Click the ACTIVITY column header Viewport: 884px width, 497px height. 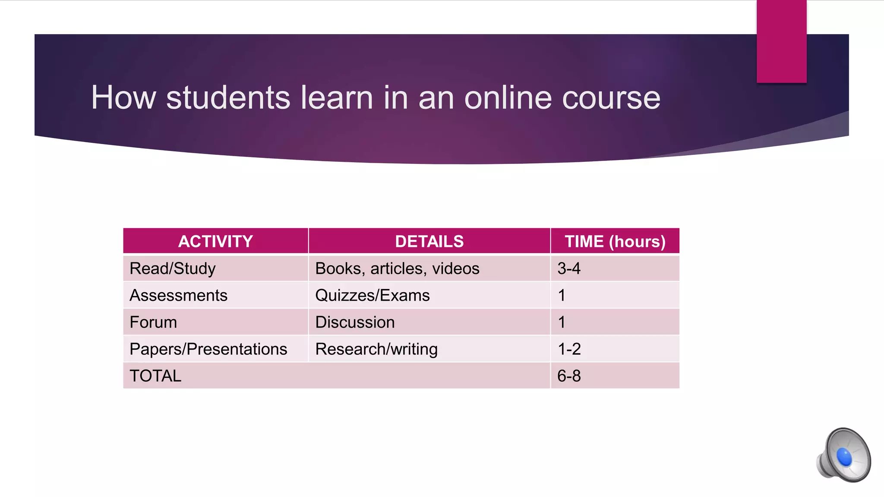tap(215, 241)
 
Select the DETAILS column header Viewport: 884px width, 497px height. tap(429, 241)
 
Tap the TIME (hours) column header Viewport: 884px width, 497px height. tap(615, 241)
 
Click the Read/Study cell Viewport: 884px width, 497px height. tap(173, 268)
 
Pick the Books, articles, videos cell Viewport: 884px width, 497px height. tap(397, 268)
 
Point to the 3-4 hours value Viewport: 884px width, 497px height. tap(569, 268)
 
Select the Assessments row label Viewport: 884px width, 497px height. tap(178, 296)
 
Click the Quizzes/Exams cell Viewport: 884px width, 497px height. tap(373, 296)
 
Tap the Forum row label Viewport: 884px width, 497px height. tap(153, 322)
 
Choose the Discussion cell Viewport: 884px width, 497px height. tap(355, 322)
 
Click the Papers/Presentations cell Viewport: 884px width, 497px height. tap(208, 349)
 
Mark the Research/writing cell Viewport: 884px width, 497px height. tap(376, 349)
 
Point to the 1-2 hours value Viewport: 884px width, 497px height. tap(569, 349)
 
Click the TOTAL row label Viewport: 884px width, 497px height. tap(155, 376)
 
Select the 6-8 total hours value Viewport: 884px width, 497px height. tap(569, 376)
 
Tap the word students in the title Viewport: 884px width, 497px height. tap(228, 98)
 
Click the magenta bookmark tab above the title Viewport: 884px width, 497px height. tap(781, 41)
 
